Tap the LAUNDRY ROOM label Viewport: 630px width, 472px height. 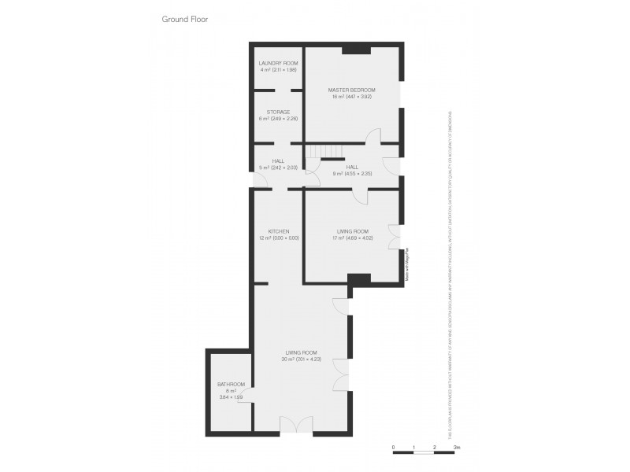coord(279,62)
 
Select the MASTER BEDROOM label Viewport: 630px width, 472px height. coord(351,90)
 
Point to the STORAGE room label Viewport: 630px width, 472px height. coord(279,112)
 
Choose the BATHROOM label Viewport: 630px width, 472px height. coord(232,384)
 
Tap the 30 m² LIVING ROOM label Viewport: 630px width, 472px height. coord(302,353)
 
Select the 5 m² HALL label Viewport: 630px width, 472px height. coord(279,160)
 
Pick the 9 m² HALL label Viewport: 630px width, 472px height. coord(351,167)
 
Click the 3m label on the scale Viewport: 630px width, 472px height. coord(457,447)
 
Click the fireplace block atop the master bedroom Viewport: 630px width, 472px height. coord(357,51)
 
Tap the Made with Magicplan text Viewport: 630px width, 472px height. coord(408,264)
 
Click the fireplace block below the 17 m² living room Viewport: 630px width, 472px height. coord(359,278)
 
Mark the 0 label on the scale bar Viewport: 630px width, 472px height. coord(393,447)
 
